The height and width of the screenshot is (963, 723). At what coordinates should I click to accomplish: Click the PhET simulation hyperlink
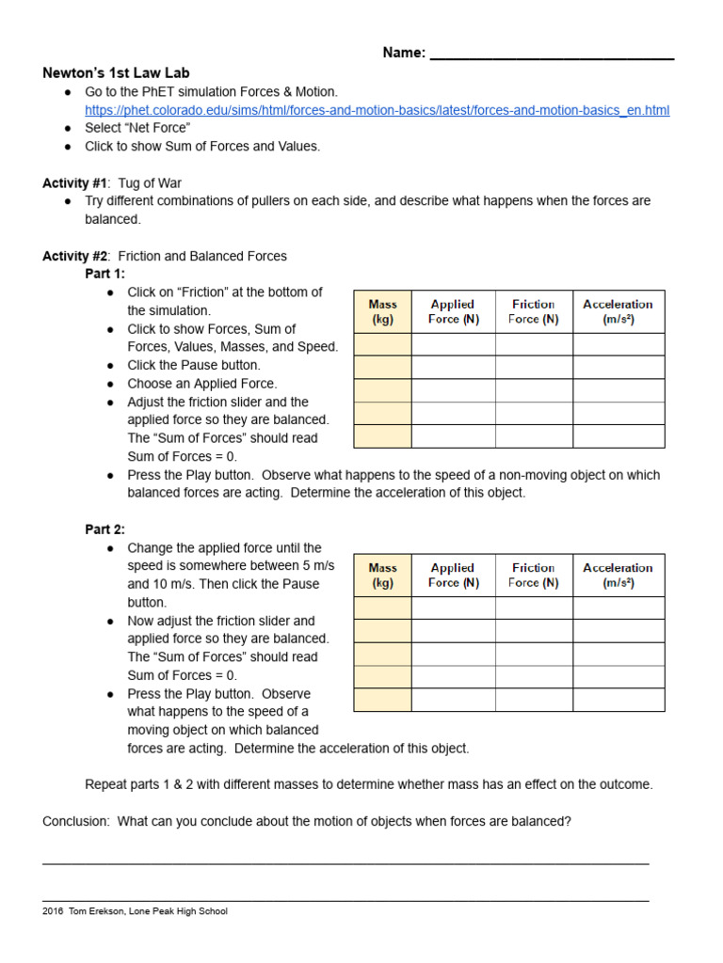(x=377, y=110)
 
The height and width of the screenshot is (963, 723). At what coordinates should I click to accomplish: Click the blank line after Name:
(x=552, y=54)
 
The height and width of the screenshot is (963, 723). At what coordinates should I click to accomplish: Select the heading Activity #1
(x=75, y=182)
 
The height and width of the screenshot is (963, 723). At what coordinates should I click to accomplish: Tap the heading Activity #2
(x=75, y=256)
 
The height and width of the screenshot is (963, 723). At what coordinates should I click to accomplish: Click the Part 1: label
(x=104, y=274)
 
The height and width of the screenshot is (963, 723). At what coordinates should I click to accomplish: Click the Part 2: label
(x=104, y=529)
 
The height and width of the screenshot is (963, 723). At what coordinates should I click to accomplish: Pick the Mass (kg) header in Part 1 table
(x=382, y=311)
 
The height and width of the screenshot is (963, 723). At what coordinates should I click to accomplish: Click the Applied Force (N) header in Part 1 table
(x=453, y=311)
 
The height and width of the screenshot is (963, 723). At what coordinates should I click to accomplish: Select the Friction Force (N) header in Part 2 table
(x=533, y=575)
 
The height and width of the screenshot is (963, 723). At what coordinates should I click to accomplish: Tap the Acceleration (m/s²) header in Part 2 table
(x=618, y=575)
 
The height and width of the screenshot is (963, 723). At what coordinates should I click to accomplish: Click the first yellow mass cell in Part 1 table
(x=382, y=344)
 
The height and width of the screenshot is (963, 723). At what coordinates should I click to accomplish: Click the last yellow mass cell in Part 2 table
(x=382, y=700)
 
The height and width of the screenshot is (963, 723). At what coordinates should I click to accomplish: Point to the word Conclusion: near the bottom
(x=75, y=821)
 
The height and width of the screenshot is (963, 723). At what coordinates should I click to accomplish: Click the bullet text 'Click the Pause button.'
(x=194, y=365)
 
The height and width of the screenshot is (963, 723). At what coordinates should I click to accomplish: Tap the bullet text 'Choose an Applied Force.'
(x=202, y=384)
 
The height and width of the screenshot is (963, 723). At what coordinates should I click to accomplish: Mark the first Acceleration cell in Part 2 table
(x=618, y=608)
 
